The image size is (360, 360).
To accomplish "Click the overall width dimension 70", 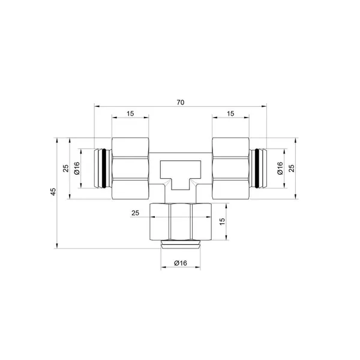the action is [181, 103].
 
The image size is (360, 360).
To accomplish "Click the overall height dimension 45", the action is [53, 192].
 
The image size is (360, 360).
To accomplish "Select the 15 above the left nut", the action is [130, 113].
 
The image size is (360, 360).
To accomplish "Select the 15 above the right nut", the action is [230, 113].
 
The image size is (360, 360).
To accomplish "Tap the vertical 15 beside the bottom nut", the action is [222, 221].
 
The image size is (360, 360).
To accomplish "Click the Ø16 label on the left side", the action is [77, 168].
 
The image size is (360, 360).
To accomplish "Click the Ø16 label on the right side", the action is [280, 168].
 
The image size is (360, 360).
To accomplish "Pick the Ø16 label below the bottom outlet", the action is [181, 263].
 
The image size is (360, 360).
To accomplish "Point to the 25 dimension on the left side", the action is [66, 168].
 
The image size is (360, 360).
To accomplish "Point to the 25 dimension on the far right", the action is [292, 168].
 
